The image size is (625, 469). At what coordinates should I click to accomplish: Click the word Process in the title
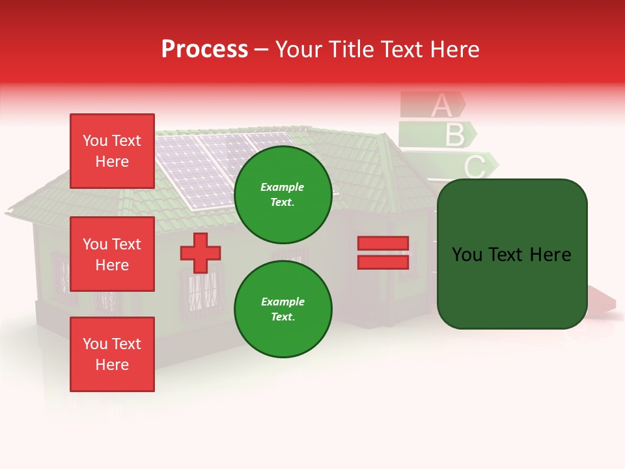pos(204,50)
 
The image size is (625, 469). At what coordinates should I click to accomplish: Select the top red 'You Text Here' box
pos(112,151)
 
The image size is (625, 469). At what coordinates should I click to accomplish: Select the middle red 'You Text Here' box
pos(112,254)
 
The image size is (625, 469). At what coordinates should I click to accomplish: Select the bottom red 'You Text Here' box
pos(112,354)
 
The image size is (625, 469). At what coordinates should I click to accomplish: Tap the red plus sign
pos(201,253)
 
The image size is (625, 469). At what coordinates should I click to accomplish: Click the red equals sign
pos(383,253)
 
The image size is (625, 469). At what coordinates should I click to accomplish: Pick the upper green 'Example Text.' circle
pos(283,194)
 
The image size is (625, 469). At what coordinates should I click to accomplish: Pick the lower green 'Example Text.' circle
pos(283,309)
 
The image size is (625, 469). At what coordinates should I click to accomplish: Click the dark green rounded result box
pos(512,254)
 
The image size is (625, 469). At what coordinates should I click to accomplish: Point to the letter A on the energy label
pos(441,105)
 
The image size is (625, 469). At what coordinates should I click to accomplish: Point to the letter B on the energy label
pos(454,135)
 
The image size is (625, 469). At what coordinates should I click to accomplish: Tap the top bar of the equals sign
pos(383,244)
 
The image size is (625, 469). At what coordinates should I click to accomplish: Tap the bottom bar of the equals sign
pos(383,262)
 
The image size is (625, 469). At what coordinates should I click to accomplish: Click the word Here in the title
pos(454,50)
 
